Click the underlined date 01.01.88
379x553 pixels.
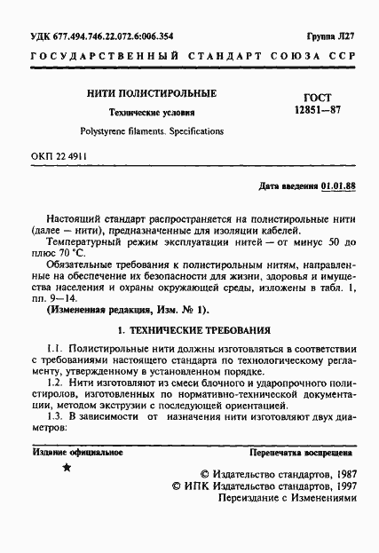[x=338, y=187]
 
